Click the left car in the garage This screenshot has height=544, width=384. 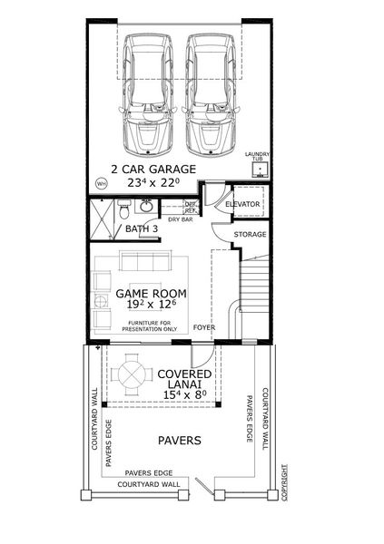coord(148,93)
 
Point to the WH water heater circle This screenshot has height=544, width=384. coord(101,181)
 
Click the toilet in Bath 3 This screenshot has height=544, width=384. coord(137,212)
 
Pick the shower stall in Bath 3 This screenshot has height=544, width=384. coord(106,219)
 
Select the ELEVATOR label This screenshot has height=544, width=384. coord(242,205)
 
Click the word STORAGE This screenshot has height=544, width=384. coord(250,235)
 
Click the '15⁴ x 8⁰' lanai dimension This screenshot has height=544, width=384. coord(185,394)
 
